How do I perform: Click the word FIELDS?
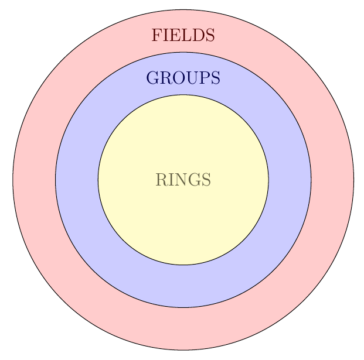click(x=183, y=35)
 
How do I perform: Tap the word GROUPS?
click(x=183, y=78)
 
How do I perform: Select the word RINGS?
click(x=183, y=180)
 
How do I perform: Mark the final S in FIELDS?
click(x=209, y=35)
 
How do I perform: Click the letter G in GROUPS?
click(x=152, y=78)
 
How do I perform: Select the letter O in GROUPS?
click(x=176, y=78)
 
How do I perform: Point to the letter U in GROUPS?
click(x=189, y=78)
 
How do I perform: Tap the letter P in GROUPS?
click(x=202, y=78)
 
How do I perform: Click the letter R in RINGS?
click(x=161, y=180)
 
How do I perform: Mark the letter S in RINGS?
click(x=205, y=180)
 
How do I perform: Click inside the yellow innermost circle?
click(x=183, y=222)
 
